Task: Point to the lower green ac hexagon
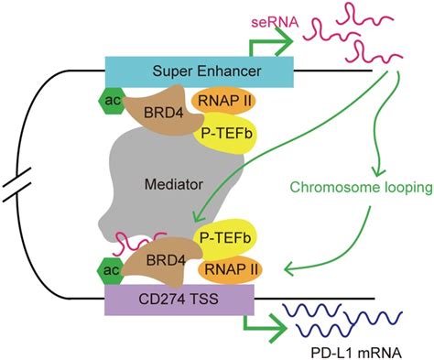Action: (109, 271)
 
